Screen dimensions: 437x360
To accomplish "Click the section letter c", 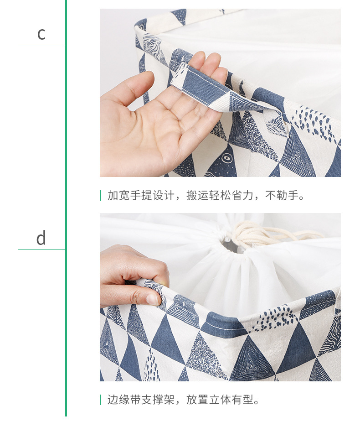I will pos(41,34).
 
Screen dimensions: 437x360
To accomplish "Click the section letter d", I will pos(41,238).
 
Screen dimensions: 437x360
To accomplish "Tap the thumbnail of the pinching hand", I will pos(153,299).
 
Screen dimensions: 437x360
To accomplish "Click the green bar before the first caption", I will pos(100,196).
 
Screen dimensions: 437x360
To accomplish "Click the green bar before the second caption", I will pos(100,400).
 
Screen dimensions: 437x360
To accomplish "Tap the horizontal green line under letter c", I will pos(41,44).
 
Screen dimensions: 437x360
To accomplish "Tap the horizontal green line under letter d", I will pos(41,250).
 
